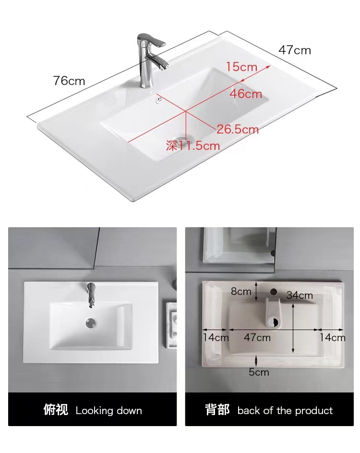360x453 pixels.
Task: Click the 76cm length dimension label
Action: tap(69, 81)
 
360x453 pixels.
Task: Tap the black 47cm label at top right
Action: tap(295, 50)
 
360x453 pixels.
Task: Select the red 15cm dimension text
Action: tap(241, 67)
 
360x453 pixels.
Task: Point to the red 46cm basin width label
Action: tap(245, 94)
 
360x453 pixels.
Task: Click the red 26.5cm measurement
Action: tap(238, 129)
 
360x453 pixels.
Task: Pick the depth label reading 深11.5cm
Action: tap(193, 146)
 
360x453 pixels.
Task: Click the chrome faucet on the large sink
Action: tap(150, 58)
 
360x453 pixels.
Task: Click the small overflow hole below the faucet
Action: tap(158, 100)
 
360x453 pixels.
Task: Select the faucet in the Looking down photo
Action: tap(92, 294)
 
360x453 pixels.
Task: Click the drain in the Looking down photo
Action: tap(91, 322)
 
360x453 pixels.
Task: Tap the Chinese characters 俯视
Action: tap(56, 410)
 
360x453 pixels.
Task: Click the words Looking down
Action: tap(109, 411)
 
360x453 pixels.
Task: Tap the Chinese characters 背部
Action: tap(217, 410)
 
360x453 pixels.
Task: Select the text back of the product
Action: tap(285, 411)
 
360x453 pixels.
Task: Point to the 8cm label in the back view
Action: tap(241, 292)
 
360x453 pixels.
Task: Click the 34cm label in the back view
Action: tap(300, 295)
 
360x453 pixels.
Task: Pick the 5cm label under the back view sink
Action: tap(259, 372)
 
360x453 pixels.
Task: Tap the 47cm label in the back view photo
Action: tap(257, 338)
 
